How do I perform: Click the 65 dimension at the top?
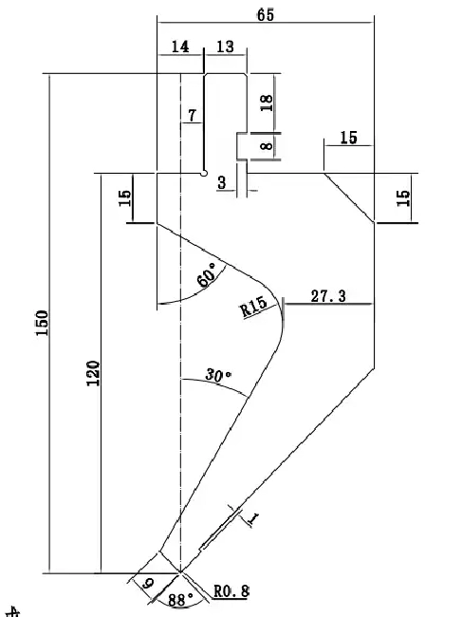coord(266,15)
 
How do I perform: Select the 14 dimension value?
coord(180,47)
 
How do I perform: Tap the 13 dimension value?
coord(225,47)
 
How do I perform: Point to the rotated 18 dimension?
coord(267,103)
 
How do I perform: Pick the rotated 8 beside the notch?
coord(267,146)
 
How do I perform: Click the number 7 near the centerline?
coord(192,116)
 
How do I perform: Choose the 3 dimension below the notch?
coord(222,182)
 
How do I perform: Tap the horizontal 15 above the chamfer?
coord(349,138)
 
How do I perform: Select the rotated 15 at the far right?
coord(402,198)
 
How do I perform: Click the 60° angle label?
coord(207,275)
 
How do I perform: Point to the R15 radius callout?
coord(254,307)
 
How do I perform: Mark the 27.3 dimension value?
coord(328,296)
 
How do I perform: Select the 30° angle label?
coord(218,375)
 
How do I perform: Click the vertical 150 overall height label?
coord(42,323)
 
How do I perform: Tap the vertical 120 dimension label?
coord(93,373)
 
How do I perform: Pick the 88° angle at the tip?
coord(181,600)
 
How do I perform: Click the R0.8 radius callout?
coord(231,591)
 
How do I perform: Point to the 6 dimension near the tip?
coord(148,584)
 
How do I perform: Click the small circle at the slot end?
coord(204,173)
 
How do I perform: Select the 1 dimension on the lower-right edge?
coord(253,520)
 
